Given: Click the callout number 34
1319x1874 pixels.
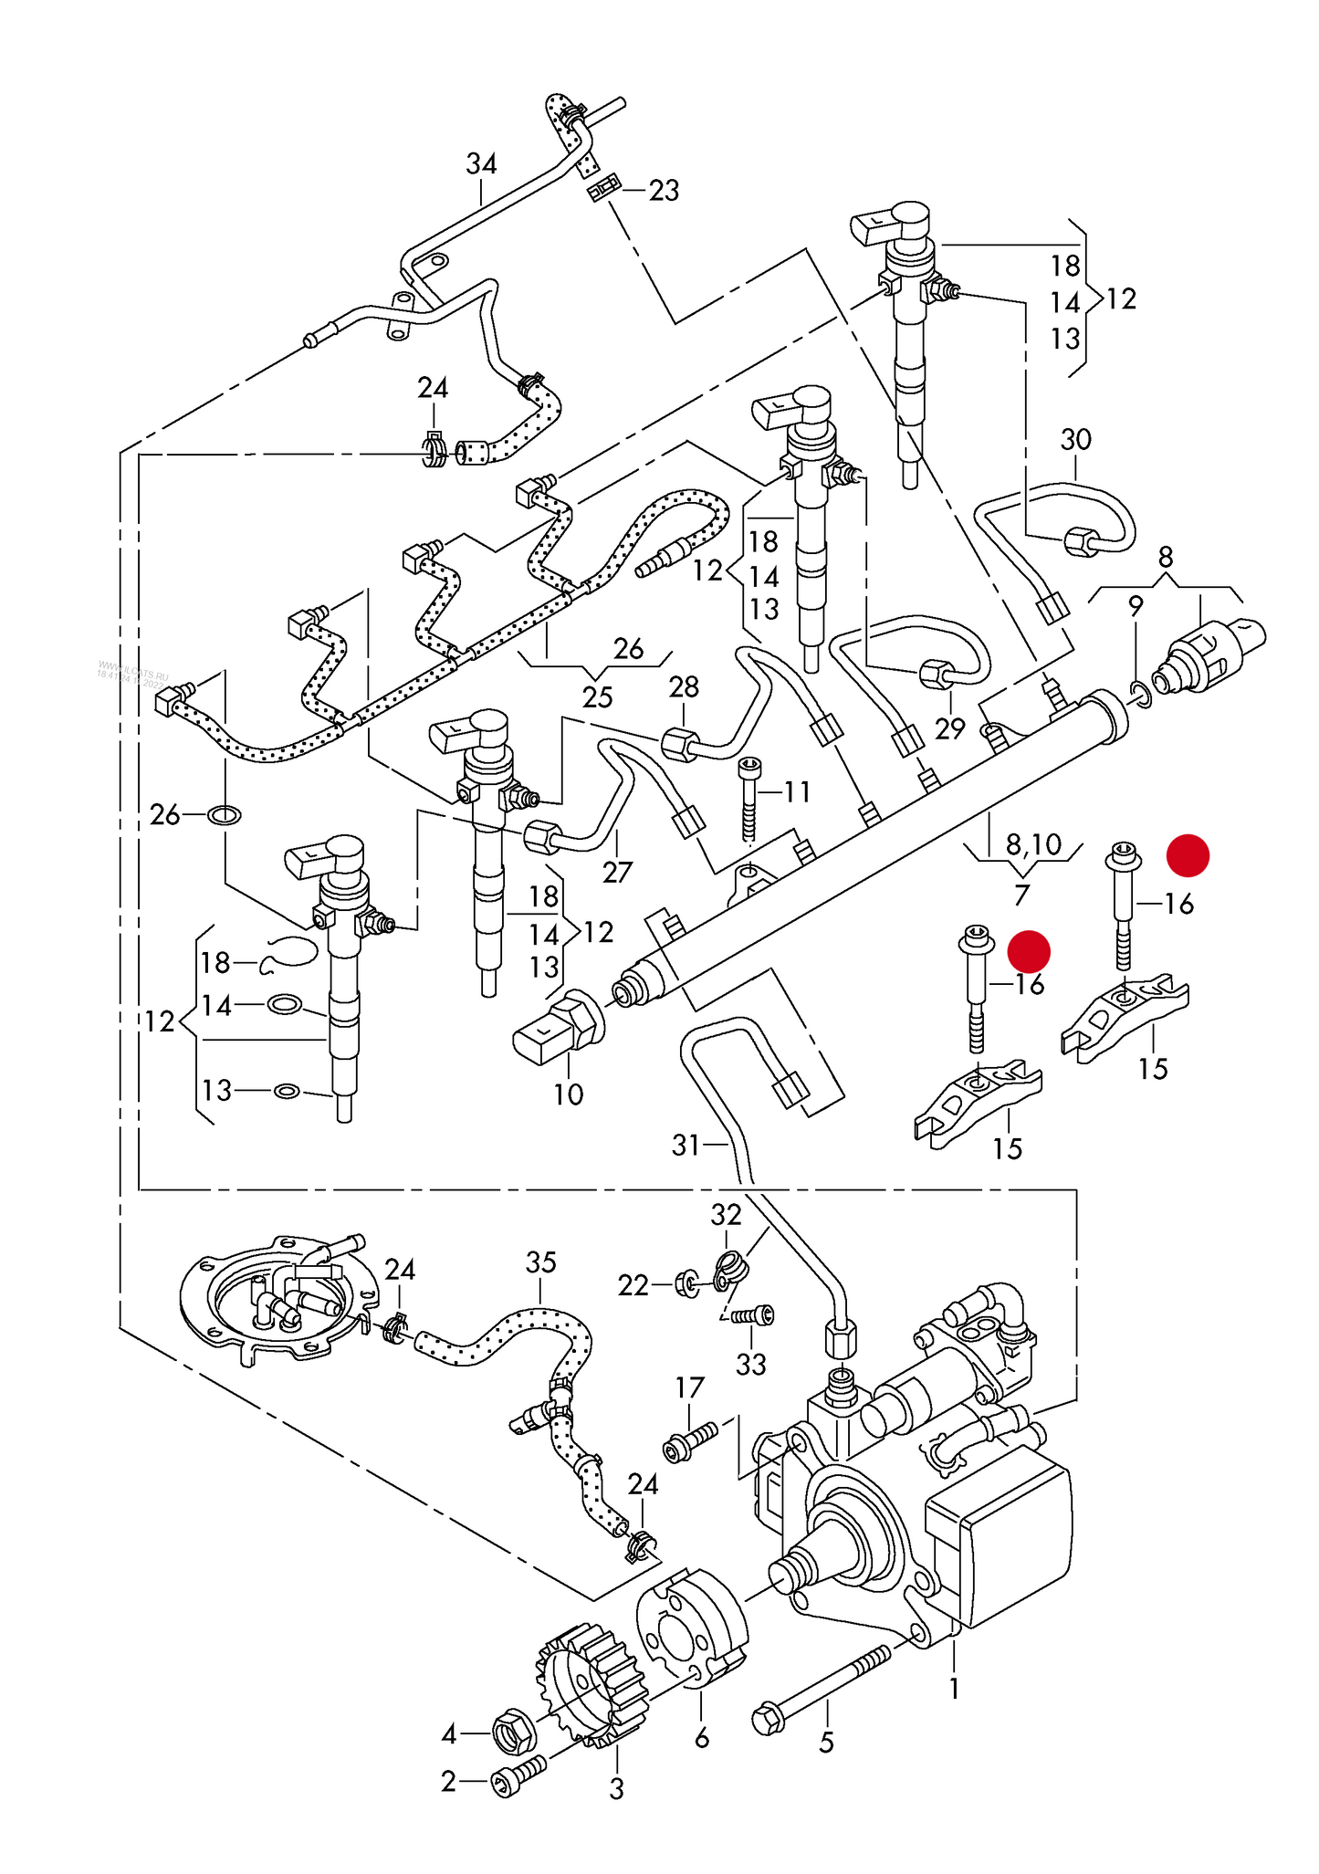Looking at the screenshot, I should pos(481,164).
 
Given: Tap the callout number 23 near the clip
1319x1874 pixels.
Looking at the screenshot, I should pos(664,191).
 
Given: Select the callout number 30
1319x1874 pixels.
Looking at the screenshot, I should pos(1075,440).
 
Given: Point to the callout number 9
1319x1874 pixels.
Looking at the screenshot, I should pos(1136,605).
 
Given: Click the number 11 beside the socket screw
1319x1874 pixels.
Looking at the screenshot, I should pos(797,791).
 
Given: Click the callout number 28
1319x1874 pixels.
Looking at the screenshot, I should pos(684,687).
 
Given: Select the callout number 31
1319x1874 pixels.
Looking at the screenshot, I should pos(686,1145).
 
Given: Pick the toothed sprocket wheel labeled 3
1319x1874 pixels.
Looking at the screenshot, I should pos(589,1689).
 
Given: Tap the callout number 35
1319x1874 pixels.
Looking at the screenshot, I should pos(540,1263).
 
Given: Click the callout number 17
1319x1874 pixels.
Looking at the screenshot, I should pos(689,1388).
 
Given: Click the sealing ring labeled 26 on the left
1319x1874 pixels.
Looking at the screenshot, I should pos(225,814).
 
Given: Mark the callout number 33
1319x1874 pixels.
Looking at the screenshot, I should pos(751,1365).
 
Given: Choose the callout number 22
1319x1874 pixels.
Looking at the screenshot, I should pos(633,1285).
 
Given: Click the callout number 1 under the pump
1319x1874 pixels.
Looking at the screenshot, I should pos(954,1689).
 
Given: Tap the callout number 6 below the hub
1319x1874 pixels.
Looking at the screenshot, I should pos(701,1738).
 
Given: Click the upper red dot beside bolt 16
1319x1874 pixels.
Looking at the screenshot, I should pos(1188,855).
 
